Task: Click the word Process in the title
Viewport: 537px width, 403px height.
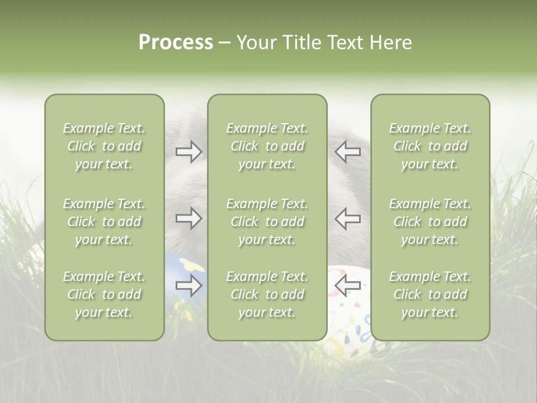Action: tap(176, 43)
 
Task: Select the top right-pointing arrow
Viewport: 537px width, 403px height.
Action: tap(189, 151)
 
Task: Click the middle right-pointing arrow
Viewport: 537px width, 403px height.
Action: tap(189, 218)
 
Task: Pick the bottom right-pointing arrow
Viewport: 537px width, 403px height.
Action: tap(189, 286)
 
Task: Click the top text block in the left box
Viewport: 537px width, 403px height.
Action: tap(104, 146)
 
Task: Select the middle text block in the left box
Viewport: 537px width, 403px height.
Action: tap(104, 222)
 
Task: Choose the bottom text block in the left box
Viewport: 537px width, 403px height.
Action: tap(104, 294)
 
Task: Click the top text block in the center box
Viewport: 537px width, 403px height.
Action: tap(267, 146)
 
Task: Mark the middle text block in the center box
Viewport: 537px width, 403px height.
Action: tap(267, 222)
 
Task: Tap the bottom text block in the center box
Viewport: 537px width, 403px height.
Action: tap(267, 294)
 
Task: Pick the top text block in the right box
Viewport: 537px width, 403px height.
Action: tap(430, 146)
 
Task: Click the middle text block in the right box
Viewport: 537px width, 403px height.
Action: tap(430, 222)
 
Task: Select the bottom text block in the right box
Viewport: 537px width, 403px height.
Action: tap(430, 294)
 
